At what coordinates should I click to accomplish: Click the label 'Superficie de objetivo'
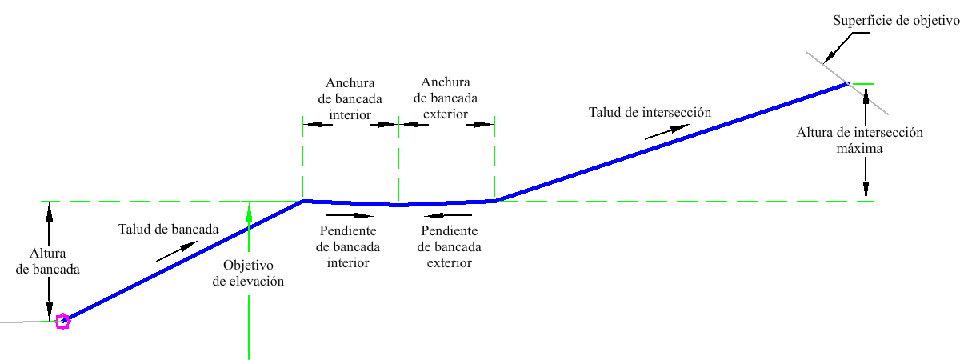(x=895, y=21)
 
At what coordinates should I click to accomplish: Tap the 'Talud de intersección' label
(x=650, y=112)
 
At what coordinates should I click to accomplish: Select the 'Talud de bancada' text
(x=168, y=229)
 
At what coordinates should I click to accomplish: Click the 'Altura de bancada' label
(x=50, y=262)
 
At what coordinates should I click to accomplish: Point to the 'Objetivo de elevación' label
(x=249, y=273)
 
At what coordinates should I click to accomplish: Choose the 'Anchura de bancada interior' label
(x=350, y=98)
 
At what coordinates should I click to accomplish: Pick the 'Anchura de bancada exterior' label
(x=446, y=98)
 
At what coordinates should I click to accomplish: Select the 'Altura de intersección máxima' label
(x=860, y=141)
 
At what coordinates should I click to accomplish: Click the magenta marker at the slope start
(x=62, y=322)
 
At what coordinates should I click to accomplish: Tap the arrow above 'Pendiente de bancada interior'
(x=350, y=214)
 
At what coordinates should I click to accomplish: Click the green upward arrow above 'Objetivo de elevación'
(x=250, y=213)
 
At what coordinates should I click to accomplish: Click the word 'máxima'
(x=860, y=149)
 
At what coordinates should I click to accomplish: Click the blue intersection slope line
(x=672, y=142)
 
